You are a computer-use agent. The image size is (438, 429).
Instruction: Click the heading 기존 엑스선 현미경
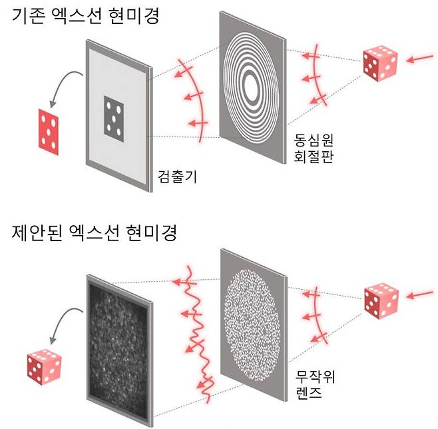[85, 16]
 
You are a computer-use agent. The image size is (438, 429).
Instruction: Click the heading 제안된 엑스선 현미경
[94, 232]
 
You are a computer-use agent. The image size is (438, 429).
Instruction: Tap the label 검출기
[177, 177]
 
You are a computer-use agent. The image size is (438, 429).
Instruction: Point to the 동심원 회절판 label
[314, 148]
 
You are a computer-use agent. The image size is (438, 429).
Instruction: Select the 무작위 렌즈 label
[315, 384]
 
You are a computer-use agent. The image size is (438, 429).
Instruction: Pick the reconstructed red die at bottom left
[44, 367]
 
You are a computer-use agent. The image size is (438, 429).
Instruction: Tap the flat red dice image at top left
[49, 132]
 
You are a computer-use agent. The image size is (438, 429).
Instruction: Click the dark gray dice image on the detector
[114, 119]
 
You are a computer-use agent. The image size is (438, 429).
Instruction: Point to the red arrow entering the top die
[420, 59]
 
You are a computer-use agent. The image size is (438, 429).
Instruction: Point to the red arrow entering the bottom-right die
[420, 294]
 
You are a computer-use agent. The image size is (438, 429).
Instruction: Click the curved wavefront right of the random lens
[315, 314]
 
